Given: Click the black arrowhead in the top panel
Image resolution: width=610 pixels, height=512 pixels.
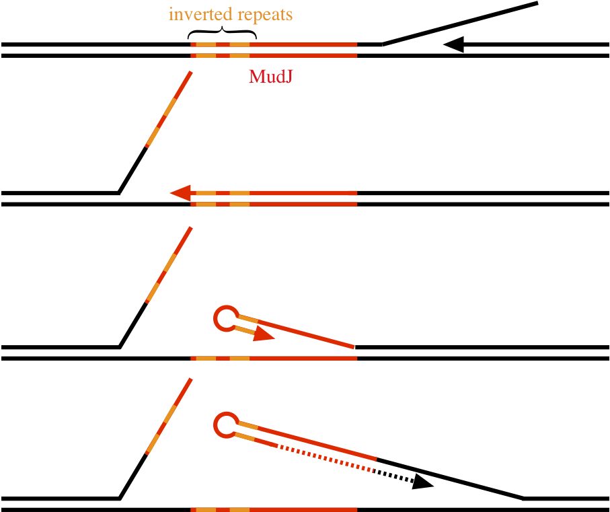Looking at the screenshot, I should pos(454,44).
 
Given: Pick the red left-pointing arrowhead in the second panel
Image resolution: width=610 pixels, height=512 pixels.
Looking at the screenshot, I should pos(180,193).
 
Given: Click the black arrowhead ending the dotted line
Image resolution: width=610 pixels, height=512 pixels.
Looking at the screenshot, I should pos(423,481).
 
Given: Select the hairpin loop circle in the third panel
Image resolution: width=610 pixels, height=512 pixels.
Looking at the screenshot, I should pos(225,318).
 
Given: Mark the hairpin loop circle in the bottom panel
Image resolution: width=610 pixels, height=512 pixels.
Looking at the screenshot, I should pos(225,425).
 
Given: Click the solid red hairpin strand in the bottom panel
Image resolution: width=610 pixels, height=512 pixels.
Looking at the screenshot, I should pos(316,442).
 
